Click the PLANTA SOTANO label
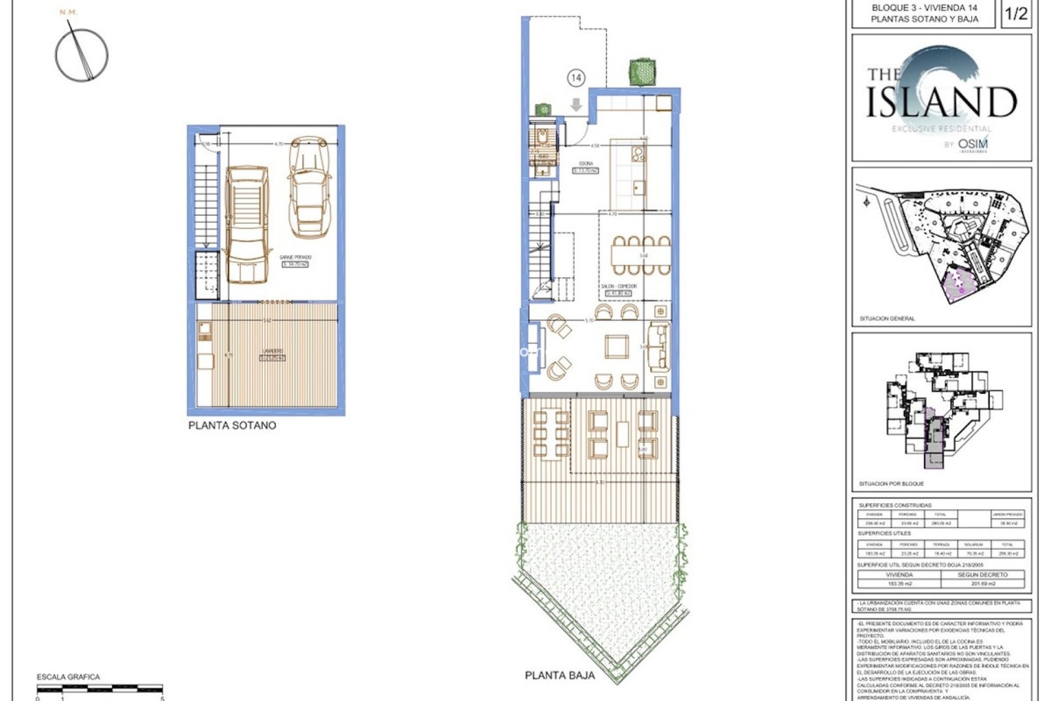232,426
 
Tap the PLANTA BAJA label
559,675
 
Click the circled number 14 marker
576,78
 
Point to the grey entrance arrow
576,105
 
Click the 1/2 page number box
1016,14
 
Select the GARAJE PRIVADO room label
296,257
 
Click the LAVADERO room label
272,351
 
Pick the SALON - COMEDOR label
619,286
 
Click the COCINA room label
586,164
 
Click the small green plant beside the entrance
542,109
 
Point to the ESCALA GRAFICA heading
68,677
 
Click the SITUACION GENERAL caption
887,318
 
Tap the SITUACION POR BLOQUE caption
891,484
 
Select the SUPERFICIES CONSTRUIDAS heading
895,505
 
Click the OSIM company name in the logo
973,144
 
